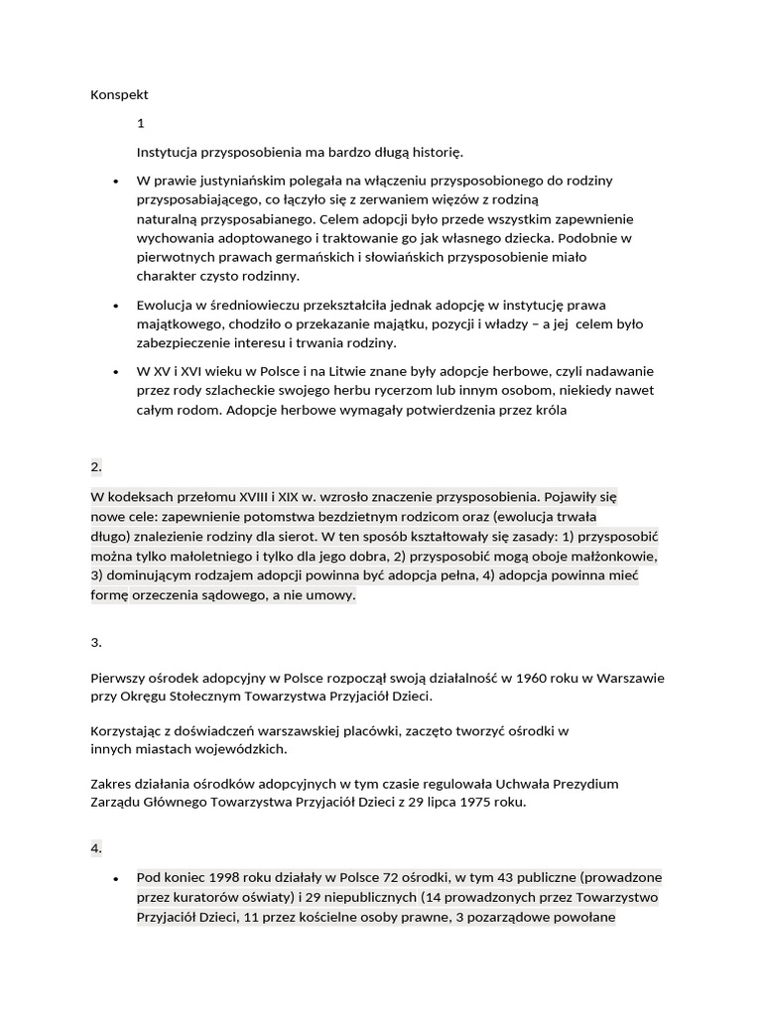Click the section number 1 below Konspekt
tap(141, 124)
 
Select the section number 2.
tap(96, 465)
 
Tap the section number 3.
tap(96, 642)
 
